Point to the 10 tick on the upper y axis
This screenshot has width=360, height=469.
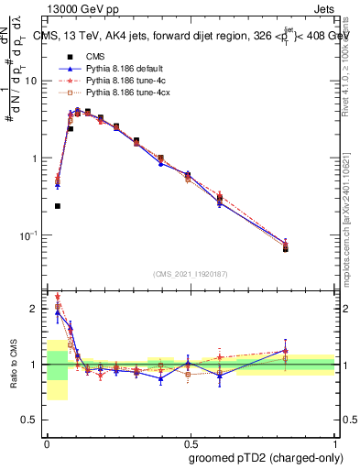[35, 81]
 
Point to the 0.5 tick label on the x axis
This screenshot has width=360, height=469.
[191, 442]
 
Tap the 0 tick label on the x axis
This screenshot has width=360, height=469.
[47, 442]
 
